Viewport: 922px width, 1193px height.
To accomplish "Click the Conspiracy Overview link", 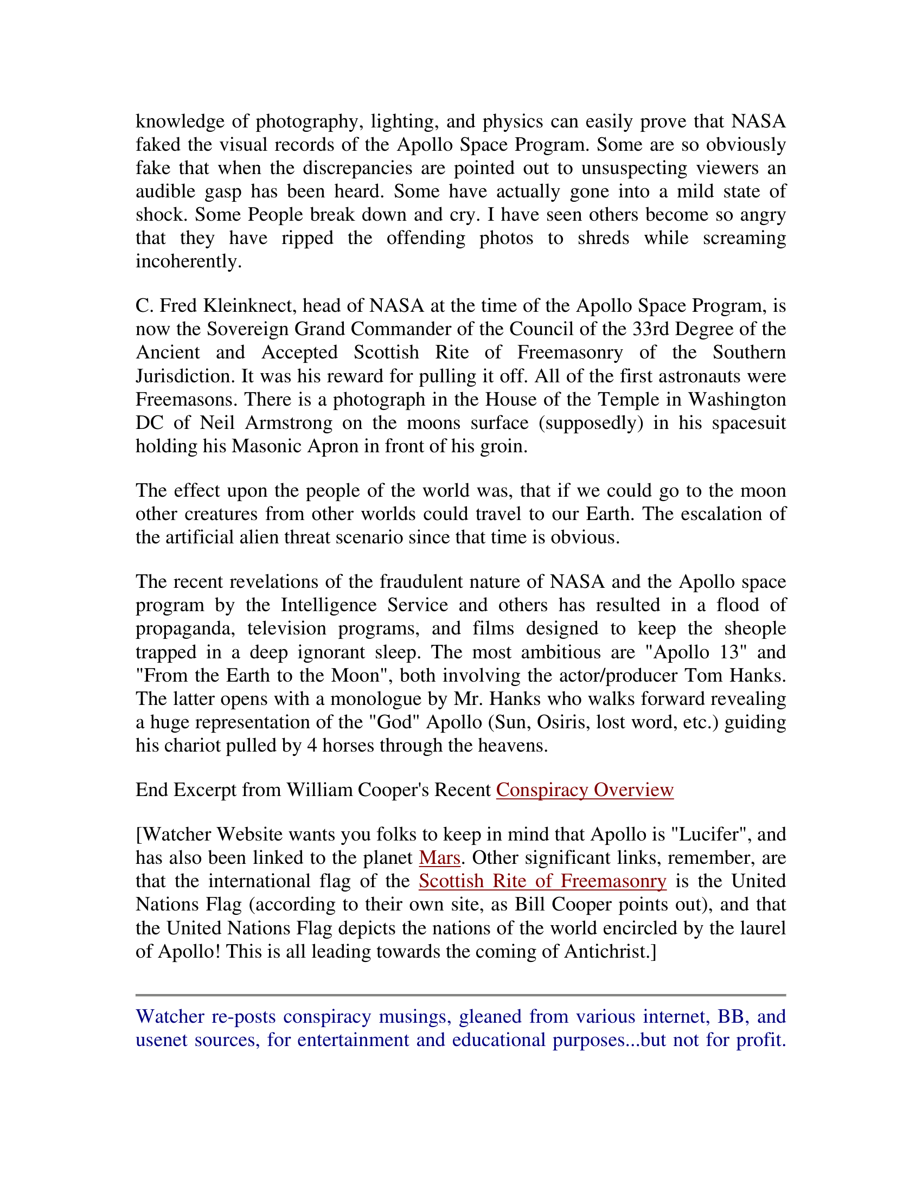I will [x=585, y=790].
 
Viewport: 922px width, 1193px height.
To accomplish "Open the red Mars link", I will [x=439, y=858].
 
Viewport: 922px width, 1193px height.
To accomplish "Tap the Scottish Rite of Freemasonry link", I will [x=542, y=881].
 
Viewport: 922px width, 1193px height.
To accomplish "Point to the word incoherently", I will [x=188, y=262].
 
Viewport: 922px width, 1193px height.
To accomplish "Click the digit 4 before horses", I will [x=312, y=746].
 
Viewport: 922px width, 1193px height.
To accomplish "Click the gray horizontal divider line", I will [x=460, y=995].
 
